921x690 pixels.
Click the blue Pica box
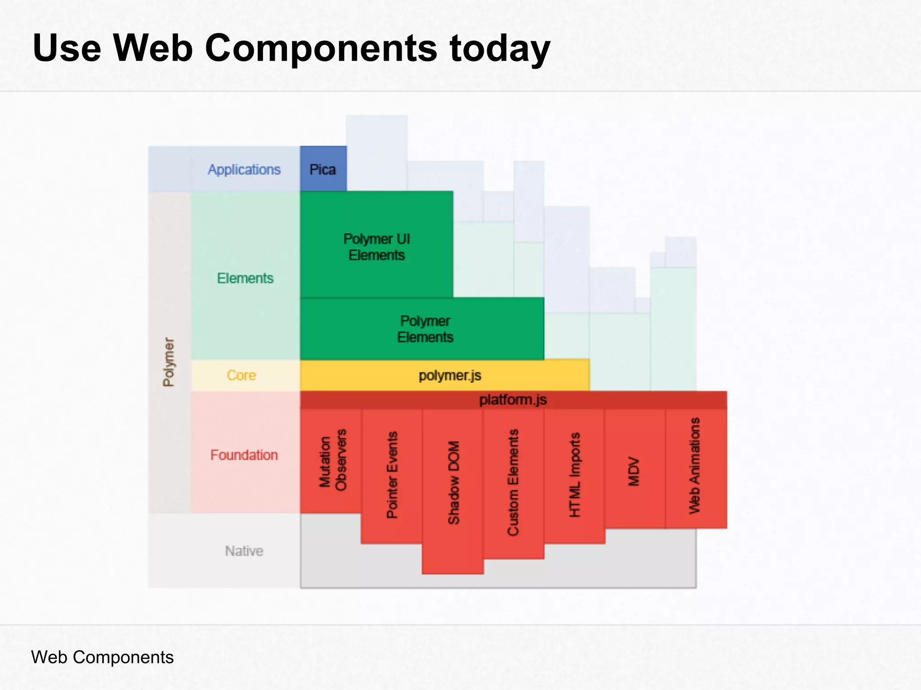(323, 169)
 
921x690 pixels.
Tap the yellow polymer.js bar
(449, 375)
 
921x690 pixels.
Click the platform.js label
(513, 399)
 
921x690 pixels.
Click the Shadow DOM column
(453, 482)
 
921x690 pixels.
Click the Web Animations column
(695, 465)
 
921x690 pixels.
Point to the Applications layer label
(244, 169)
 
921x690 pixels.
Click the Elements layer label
(245, 278)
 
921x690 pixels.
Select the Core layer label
(241, 375)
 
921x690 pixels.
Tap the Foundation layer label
(244, 455)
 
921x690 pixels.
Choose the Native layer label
(244, 551)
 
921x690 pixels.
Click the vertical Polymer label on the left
(169, 362)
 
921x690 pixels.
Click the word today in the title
(500, 49)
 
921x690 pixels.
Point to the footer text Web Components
(103, 657)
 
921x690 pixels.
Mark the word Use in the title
(67, 49)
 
